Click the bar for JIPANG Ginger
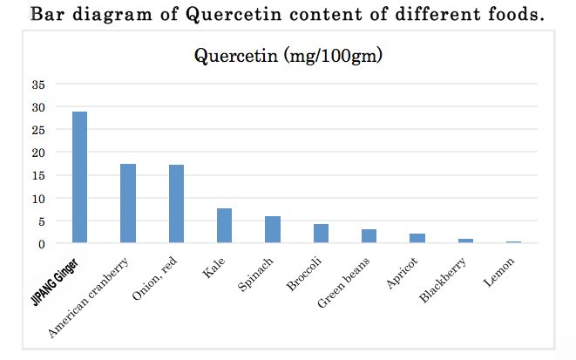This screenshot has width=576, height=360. coord(79,178)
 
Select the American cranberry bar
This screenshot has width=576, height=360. coord(128,203)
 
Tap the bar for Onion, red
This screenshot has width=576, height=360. coord(176,204)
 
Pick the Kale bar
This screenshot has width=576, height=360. coord(224,226)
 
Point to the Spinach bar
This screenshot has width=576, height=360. coord(273,230)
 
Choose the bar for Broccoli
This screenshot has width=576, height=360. coord(321,234)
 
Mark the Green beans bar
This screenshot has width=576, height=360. coord(369,236)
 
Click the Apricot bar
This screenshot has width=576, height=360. coord(417,239)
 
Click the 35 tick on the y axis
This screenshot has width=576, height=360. coord(37,85)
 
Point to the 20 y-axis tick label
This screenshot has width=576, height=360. coord(37,153)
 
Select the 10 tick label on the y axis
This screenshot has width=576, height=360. coord(37,198)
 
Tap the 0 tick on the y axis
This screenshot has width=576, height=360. coord(40,244)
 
